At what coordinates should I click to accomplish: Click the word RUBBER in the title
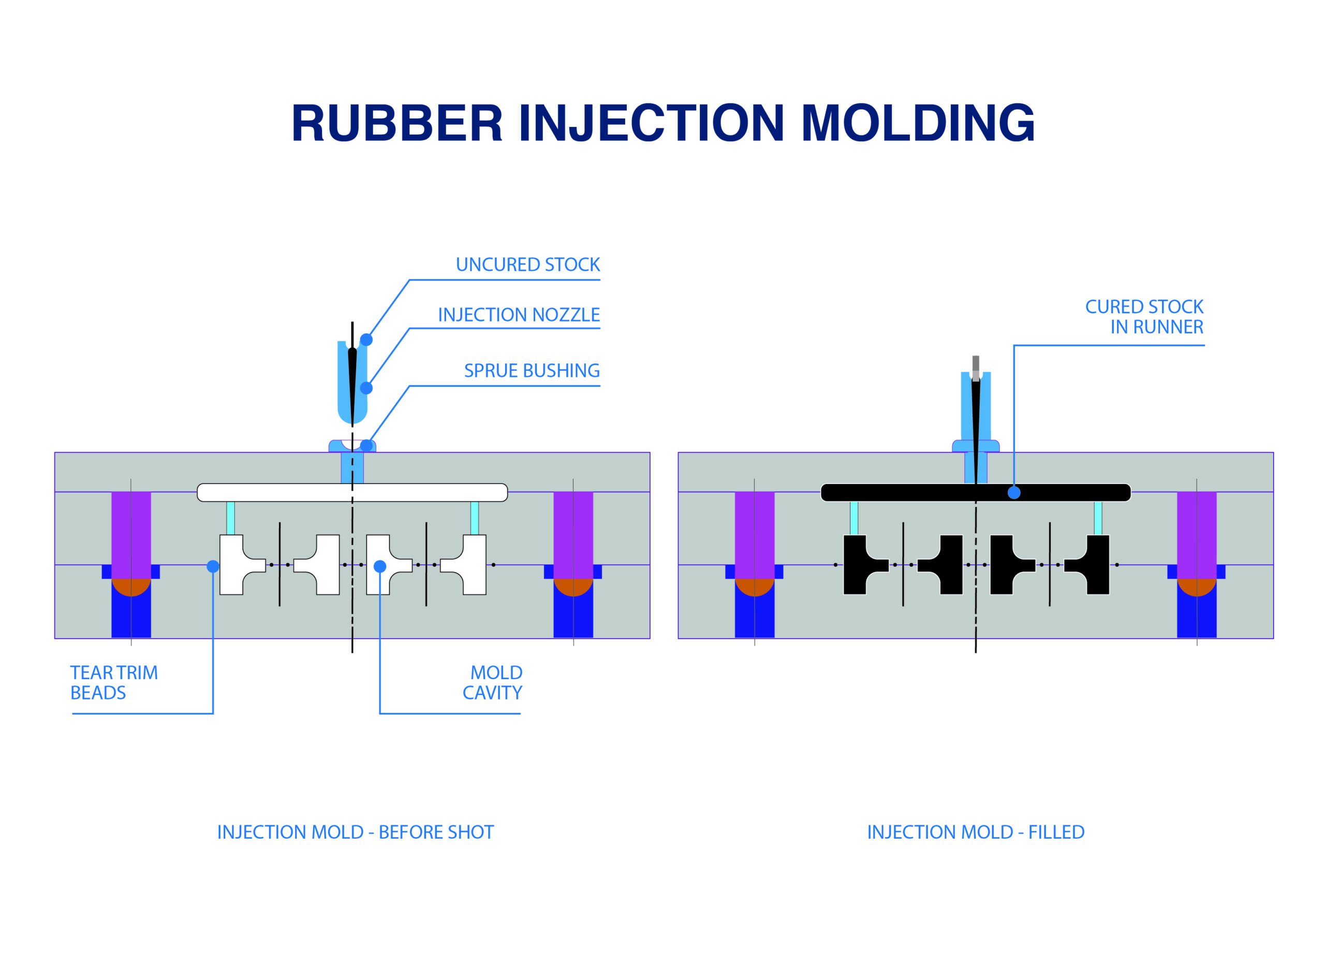(397, 123)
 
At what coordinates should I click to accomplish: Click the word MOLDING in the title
(918, 123)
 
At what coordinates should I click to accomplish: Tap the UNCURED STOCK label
(527, 265)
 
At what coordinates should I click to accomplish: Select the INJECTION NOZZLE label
(519, 315)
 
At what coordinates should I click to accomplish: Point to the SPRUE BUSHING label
(532, 370)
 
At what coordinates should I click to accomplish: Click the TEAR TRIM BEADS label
(114, 682)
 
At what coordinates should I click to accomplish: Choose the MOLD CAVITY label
(493, 682)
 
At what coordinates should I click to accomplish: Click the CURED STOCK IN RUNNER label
(1144, 317)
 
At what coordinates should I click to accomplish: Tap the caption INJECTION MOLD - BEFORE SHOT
(355, 832)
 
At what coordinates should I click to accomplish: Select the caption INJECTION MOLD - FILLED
(976, 832)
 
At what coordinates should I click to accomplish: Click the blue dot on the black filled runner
(1014, 492)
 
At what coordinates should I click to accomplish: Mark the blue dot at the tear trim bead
(213, 566)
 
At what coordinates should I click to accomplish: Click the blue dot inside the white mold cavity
(380, 566)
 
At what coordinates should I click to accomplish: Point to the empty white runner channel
(352, 492)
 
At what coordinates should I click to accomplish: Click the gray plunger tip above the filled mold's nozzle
(976, 368)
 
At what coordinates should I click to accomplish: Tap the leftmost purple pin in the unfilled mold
(131, 535)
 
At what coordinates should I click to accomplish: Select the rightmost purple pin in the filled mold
(1197, 535)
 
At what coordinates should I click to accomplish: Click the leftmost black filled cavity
(865, 565)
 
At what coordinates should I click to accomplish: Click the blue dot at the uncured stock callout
(366, 340)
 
